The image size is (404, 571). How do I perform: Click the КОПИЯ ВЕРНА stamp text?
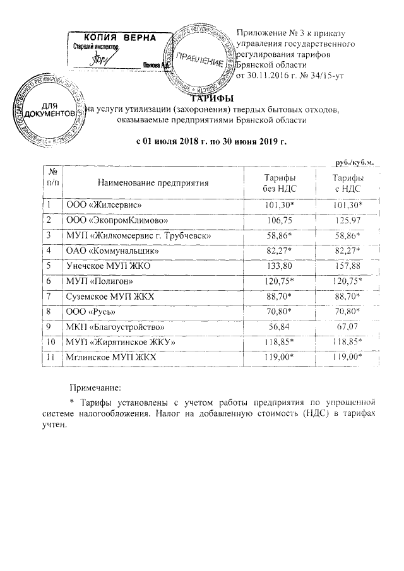coord(119,38)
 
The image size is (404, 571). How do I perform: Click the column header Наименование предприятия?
coord(153,183)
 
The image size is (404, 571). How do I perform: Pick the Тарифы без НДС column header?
coord(278,183)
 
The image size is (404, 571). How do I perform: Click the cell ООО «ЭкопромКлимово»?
coord(108,219)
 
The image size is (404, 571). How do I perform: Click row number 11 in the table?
coord(52,357)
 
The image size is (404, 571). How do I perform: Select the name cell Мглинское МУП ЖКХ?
coord(110,357)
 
